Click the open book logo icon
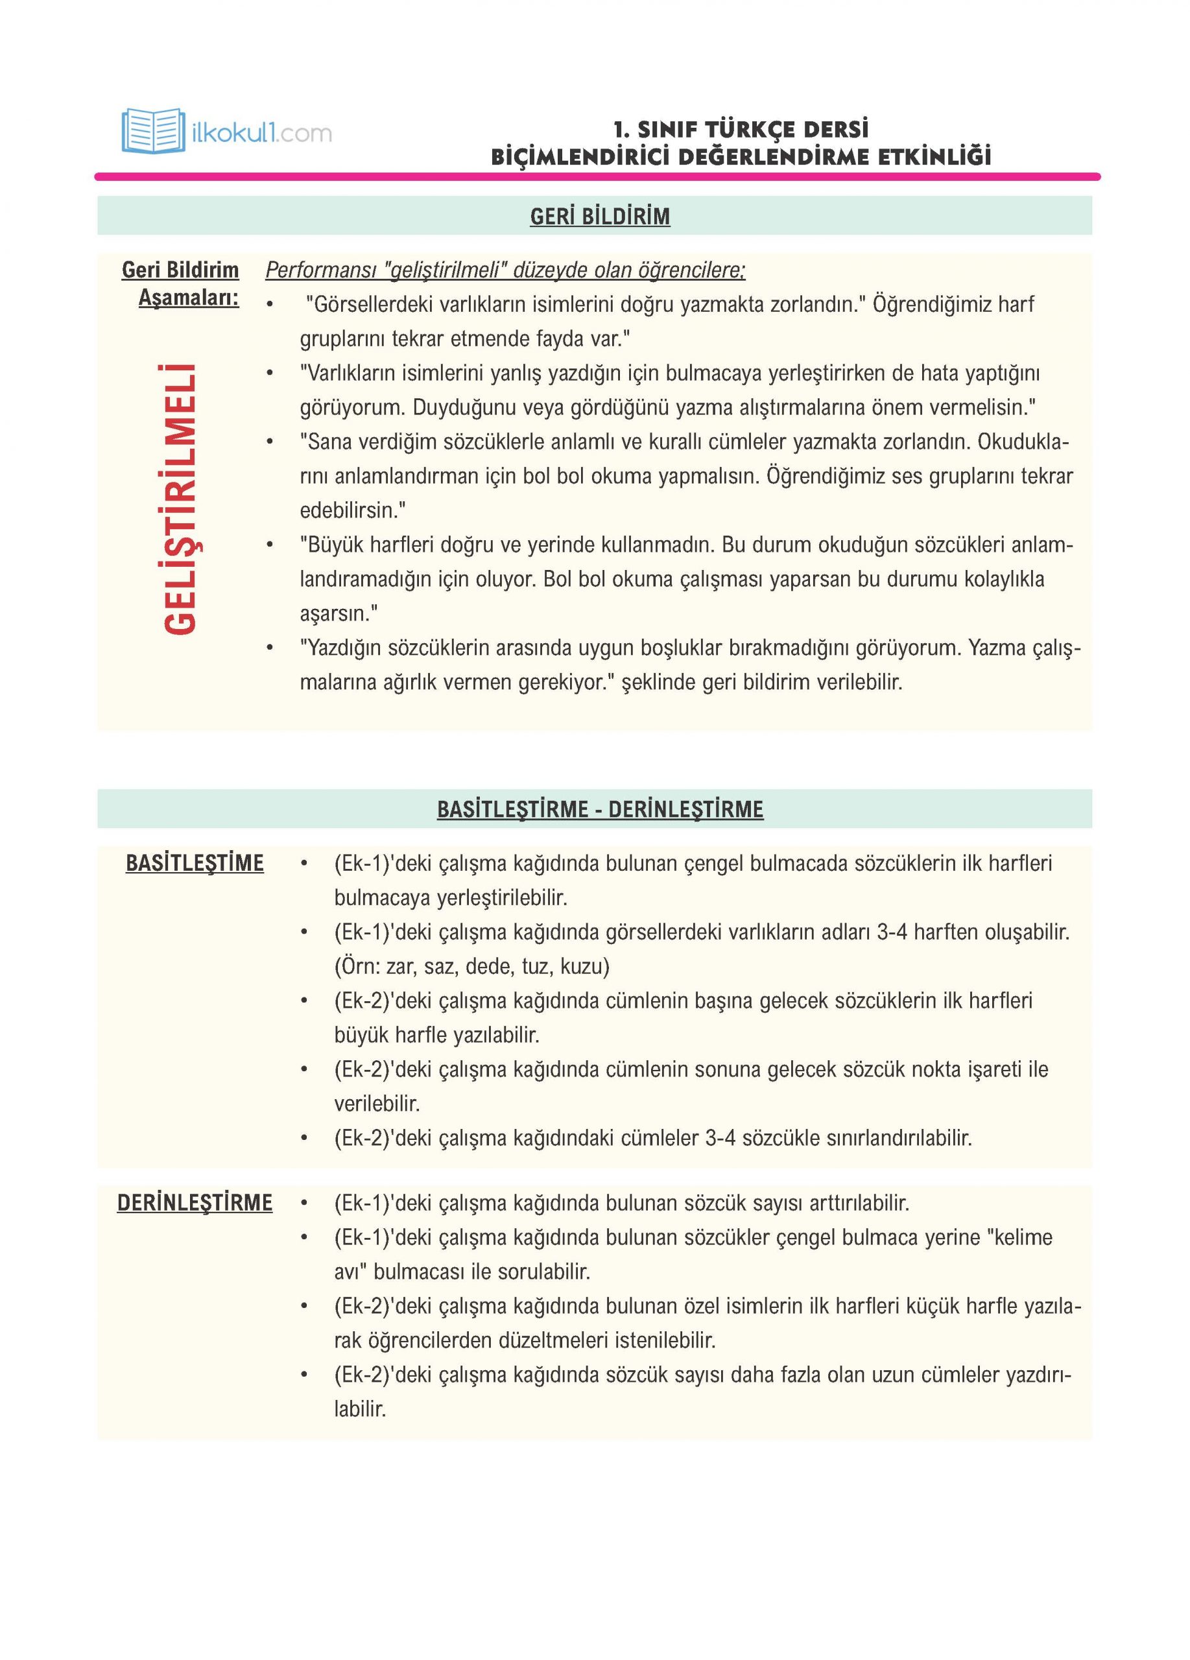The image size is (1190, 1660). tap(152, 131)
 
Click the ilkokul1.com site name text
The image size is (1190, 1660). tap(261, 133)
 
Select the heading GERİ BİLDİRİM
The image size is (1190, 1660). tap(599, 217)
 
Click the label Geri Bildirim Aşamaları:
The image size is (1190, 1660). tap(182, 284)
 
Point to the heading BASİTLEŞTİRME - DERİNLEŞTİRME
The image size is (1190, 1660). tap(599, 809)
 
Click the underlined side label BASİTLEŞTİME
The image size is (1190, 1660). tap(195, 864)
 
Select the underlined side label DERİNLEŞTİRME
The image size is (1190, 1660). tap(195, 1203)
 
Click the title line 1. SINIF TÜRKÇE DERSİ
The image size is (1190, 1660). tap(741, 130)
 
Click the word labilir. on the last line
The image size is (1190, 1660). tap(359, 1409)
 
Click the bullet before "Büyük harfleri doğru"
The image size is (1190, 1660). tap(270, 545)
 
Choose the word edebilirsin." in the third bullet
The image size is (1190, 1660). tap(353, 510)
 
